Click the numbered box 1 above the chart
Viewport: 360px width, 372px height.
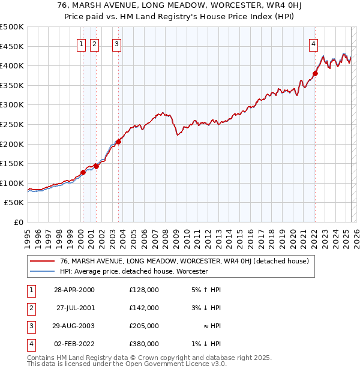click(81, 43)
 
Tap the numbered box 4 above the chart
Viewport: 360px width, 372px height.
click(313, 43)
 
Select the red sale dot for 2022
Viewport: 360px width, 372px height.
click(315, 74)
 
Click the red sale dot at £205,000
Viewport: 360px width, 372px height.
click(119, 142)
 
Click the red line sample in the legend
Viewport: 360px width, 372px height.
click(42, 262)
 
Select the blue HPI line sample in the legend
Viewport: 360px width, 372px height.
click(42, 271)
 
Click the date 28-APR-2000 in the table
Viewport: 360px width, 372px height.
click(74, 290)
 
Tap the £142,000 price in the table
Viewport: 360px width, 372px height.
click(144, 308)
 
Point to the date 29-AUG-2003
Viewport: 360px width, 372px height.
click(74, 326)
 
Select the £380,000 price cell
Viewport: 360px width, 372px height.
click(144, 344)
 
